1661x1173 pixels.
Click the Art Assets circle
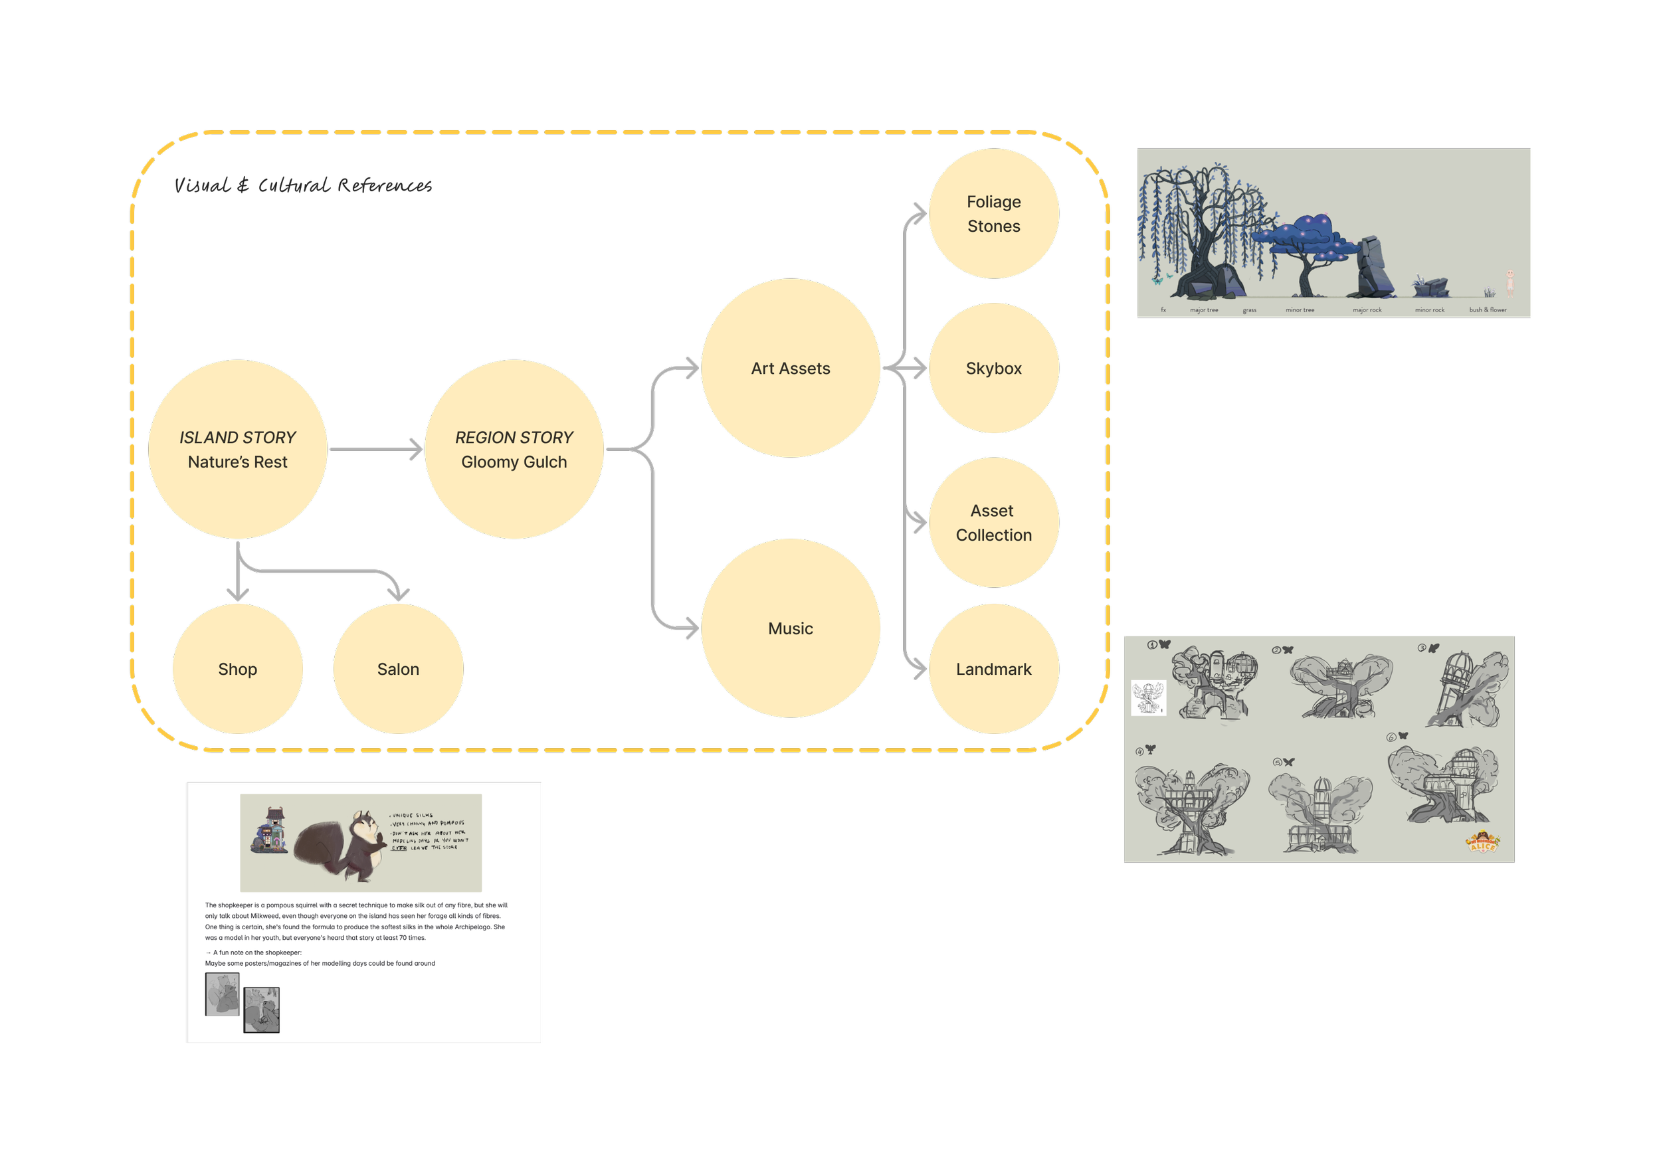790,368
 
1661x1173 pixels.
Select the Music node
790,628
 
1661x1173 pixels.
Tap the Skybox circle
993,368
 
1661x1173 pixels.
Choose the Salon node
398,669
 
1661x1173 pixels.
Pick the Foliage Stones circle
993,213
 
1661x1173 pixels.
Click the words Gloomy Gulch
514,462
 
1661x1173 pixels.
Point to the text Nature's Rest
237,462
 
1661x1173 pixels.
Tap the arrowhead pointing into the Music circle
692,628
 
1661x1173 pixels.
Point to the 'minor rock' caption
1430,310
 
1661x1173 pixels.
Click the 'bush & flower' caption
1488,310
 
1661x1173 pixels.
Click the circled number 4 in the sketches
1140,752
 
